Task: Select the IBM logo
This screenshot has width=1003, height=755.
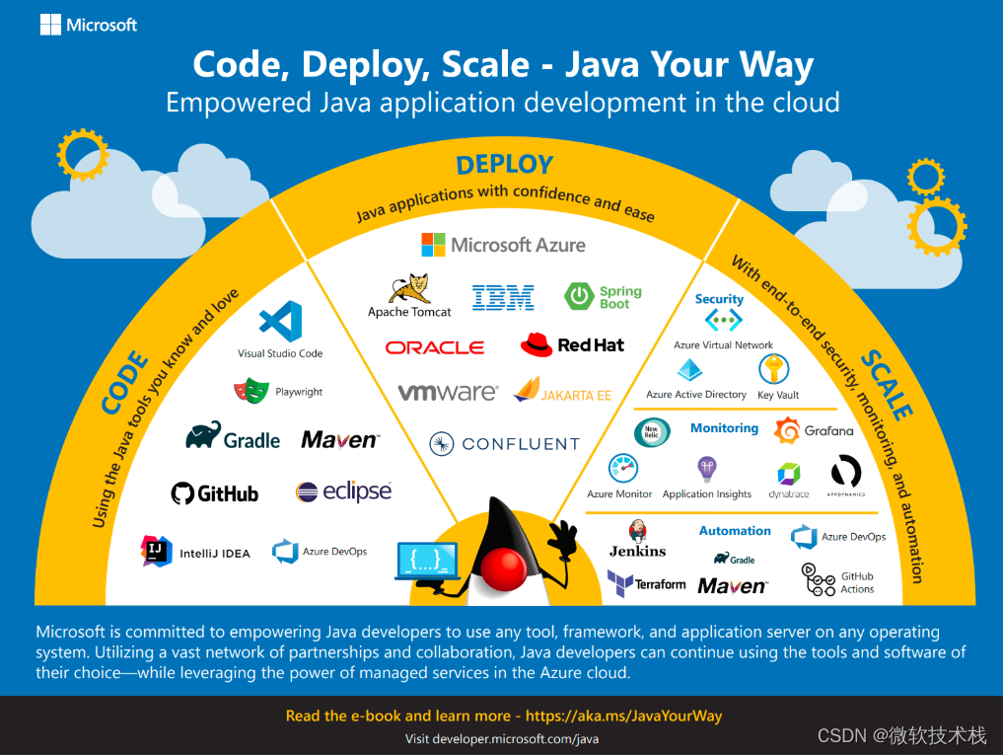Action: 503,297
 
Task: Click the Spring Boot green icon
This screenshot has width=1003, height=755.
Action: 578,296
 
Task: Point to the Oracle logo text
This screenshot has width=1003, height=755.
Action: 435,347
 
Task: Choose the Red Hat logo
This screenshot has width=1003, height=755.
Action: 572,344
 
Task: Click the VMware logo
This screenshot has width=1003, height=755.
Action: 448,393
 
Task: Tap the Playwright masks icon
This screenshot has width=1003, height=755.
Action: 251,392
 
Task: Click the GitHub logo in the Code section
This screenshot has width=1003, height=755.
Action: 214,492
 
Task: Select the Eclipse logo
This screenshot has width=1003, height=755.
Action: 343,491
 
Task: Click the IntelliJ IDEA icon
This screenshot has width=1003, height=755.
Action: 156,552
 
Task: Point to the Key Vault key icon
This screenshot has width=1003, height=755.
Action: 772,371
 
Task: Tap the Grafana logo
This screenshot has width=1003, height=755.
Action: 814,430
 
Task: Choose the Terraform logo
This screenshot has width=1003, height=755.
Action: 646,583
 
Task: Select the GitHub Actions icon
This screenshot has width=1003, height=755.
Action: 819,580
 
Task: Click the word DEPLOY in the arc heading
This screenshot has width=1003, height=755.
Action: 504,164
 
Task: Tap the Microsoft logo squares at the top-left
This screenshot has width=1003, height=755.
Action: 50,25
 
